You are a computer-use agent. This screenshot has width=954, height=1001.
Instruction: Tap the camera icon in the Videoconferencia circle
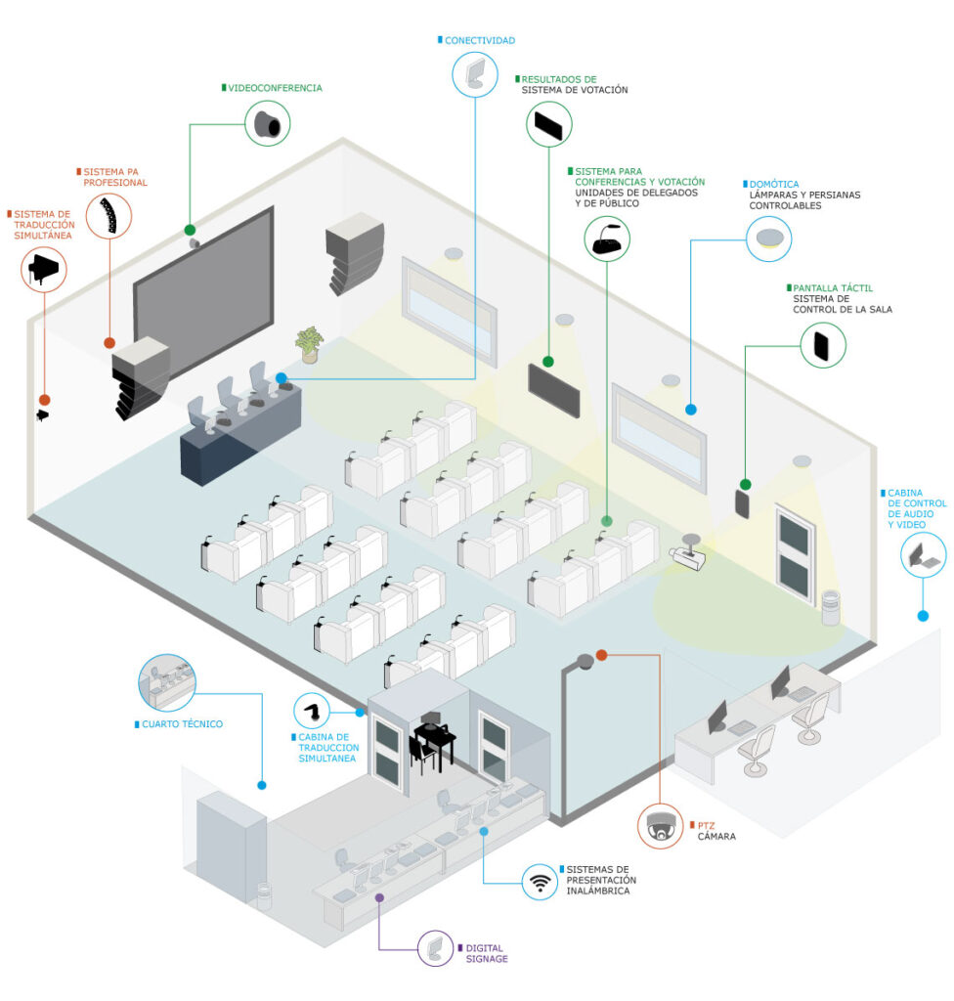(268, 124)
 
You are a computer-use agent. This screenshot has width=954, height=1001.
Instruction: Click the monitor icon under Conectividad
(475, 74)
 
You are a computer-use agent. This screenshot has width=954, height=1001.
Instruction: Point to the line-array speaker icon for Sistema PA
(109, 216)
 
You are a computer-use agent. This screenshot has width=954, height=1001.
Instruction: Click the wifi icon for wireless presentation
(540, 882)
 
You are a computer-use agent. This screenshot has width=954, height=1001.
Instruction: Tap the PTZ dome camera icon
(661, 826)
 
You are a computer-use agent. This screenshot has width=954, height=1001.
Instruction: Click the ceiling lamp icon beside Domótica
(769, 239)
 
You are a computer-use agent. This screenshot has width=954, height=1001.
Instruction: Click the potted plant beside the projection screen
(310, 345)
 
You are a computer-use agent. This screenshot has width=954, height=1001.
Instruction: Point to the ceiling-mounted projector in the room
(688, 553)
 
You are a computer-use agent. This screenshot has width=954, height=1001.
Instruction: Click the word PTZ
(707, 825)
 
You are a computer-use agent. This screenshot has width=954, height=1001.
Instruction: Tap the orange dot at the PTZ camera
(601, 655)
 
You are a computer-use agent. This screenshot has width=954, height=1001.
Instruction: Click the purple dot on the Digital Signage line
(379, 897)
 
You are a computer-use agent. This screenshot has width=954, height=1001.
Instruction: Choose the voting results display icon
(548, 125)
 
